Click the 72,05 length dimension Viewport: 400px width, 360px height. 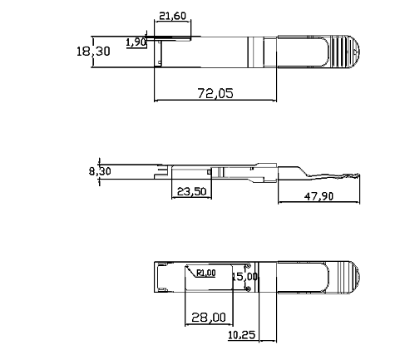(x=215, y=93)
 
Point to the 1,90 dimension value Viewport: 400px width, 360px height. (x=136, y=42)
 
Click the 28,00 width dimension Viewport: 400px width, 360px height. (x=208, y=317)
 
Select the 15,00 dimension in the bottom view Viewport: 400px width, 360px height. (x=245, y=276)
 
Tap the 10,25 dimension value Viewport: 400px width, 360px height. (x=241, y=335)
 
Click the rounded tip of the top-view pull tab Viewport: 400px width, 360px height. (x=355, y=53)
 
